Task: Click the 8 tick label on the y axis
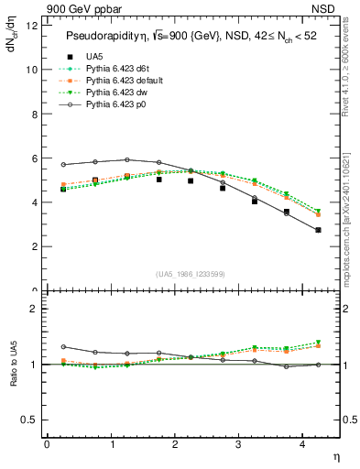click(33, 114)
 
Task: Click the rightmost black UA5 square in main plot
click(319, 230)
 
